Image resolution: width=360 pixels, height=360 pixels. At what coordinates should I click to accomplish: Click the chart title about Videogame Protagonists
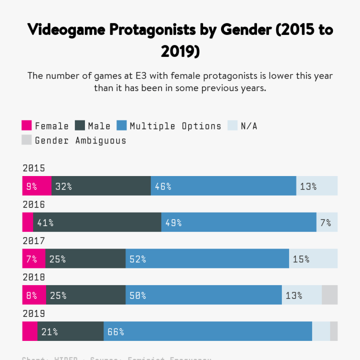pyautogui.click(x=180, y=40)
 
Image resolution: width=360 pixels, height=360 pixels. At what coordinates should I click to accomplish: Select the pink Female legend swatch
pyautogui.click(x=26, y=125)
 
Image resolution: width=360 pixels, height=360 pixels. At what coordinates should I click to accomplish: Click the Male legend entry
pyautogui.click(x=93, y=125)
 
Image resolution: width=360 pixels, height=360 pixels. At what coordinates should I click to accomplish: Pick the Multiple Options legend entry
pyautogui.click(x=169, y=125)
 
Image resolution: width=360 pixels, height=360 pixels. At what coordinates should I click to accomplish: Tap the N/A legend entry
pyautogui.click(x=242, y=125)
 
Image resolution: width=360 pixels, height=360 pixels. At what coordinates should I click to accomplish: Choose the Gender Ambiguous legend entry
pyautogui.click(x=74, y=140)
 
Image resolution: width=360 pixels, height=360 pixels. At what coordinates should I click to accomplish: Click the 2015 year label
pyautogui.click(x=34, y=168)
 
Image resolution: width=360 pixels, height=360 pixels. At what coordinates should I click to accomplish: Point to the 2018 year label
pyautogui.click(x=34, y=277)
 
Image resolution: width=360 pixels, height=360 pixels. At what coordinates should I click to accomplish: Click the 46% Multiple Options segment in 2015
pyautogui.click(x=223, y=186)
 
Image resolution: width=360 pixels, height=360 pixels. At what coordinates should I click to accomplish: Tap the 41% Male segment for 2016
pyautogui.click(x=97, y=222)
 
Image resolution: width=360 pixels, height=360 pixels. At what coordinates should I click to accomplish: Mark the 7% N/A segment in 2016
pyautogui.click(x=327, y=222)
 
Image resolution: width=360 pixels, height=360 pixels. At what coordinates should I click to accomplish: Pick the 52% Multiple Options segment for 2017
pyautogui.click(x=207, y=259)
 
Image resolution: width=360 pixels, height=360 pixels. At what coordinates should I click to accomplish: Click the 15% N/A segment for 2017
pyautogui.click(x=313, y=259)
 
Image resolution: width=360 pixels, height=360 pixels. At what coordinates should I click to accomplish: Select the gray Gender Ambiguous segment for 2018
pyautogui.click(x=330, y=295)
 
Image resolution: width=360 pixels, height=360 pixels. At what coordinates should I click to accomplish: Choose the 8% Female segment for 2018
pyautogui.click(x=34, y=295)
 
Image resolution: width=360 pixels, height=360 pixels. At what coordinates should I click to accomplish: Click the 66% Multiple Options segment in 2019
pyautogui.click(x=208, y=331)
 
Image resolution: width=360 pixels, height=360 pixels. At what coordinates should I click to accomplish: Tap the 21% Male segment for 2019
pyautogui.click(x=70, y=331)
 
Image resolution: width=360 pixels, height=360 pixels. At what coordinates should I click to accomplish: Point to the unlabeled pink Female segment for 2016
pyautogui.click(x=28, y=222)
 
